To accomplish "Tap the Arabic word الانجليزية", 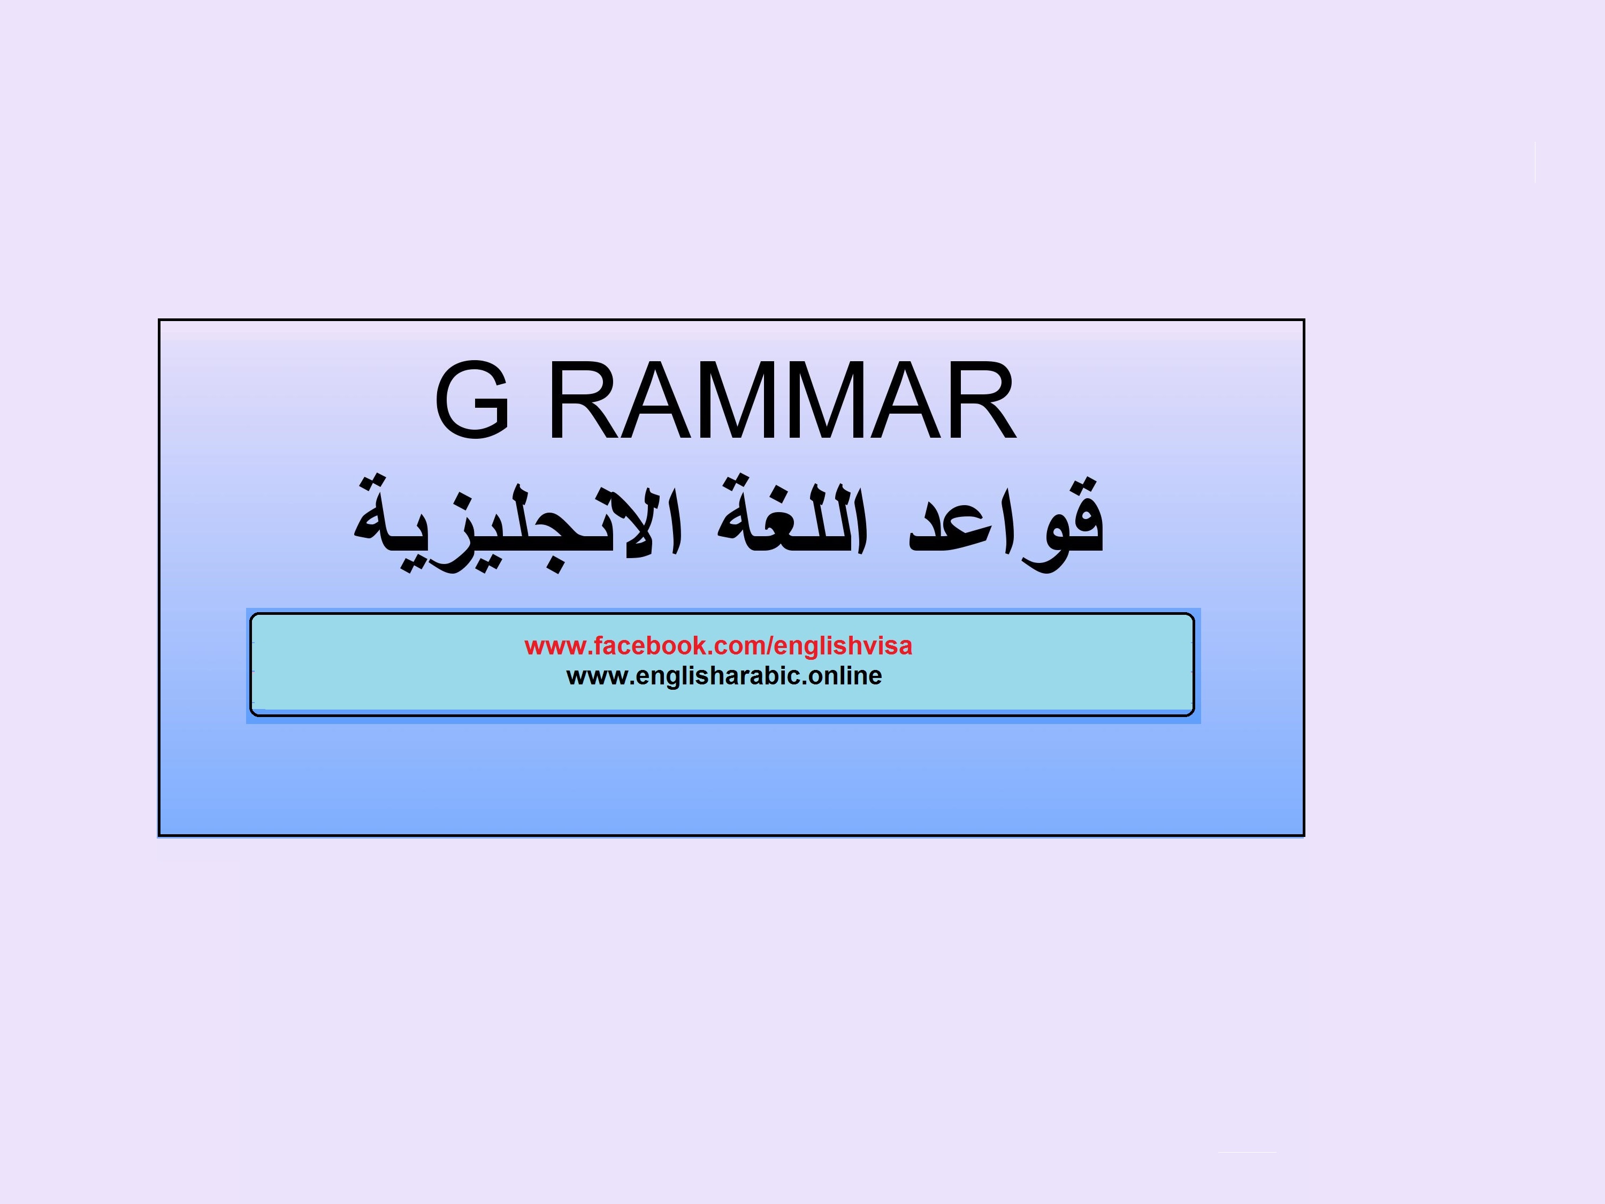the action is tap(517, 522).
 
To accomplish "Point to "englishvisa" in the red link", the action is tap(844, 646).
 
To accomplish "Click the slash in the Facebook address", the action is tap(771, 646).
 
